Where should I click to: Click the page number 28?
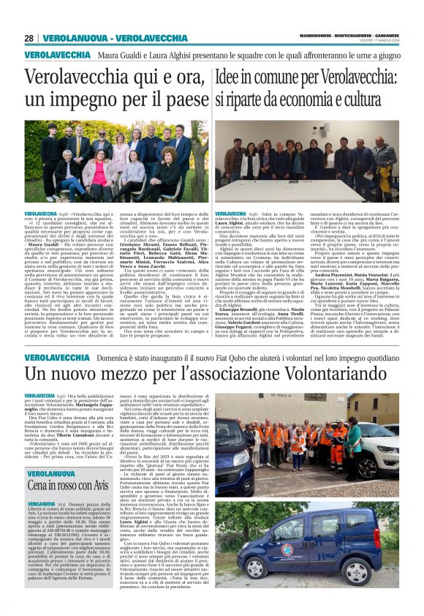pos(29,38)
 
